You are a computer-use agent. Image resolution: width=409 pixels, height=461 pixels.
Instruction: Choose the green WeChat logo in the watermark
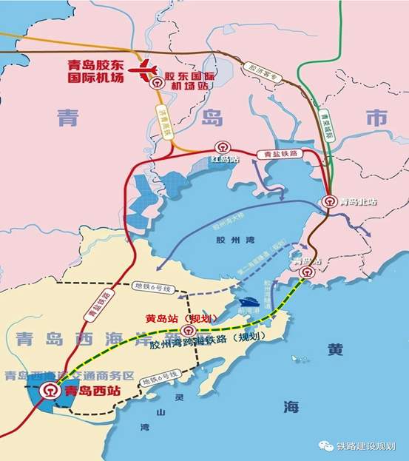(x=325, y=445)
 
